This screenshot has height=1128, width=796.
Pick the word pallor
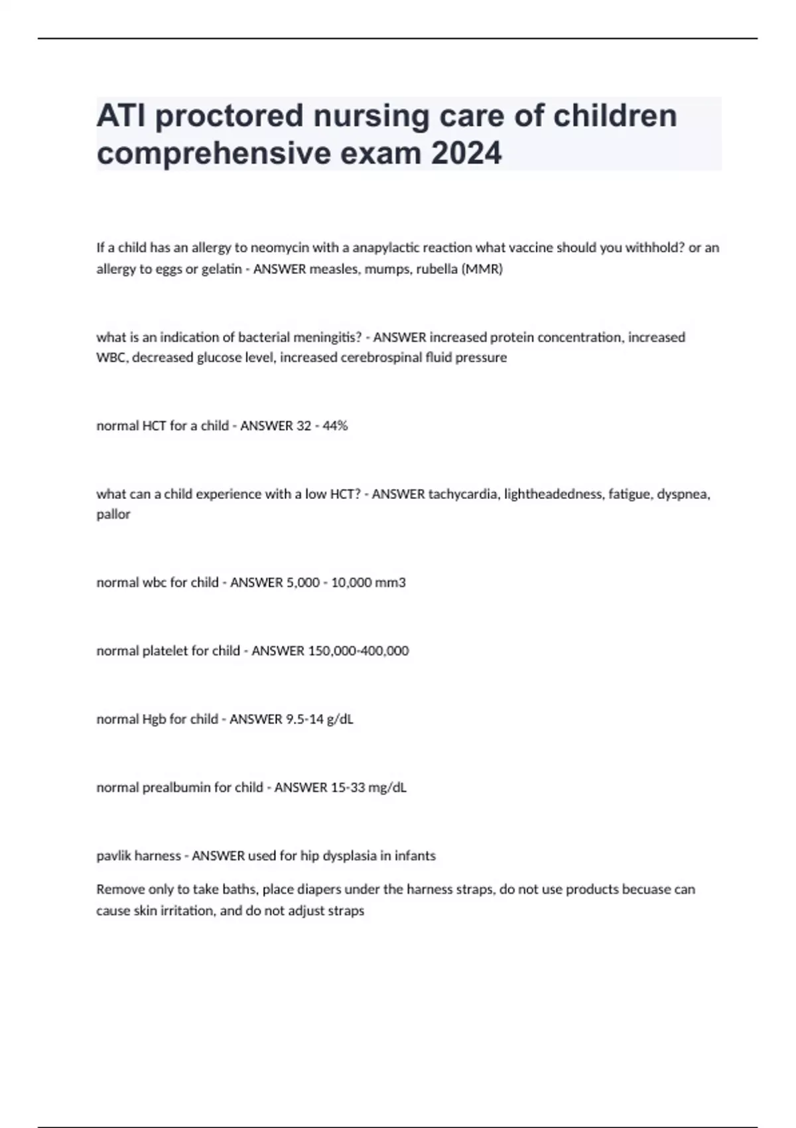coord(113,515)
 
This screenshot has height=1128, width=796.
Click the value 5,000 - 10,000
coord(319,583)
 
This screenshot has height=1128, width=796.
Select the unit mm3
coord(391,583)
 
